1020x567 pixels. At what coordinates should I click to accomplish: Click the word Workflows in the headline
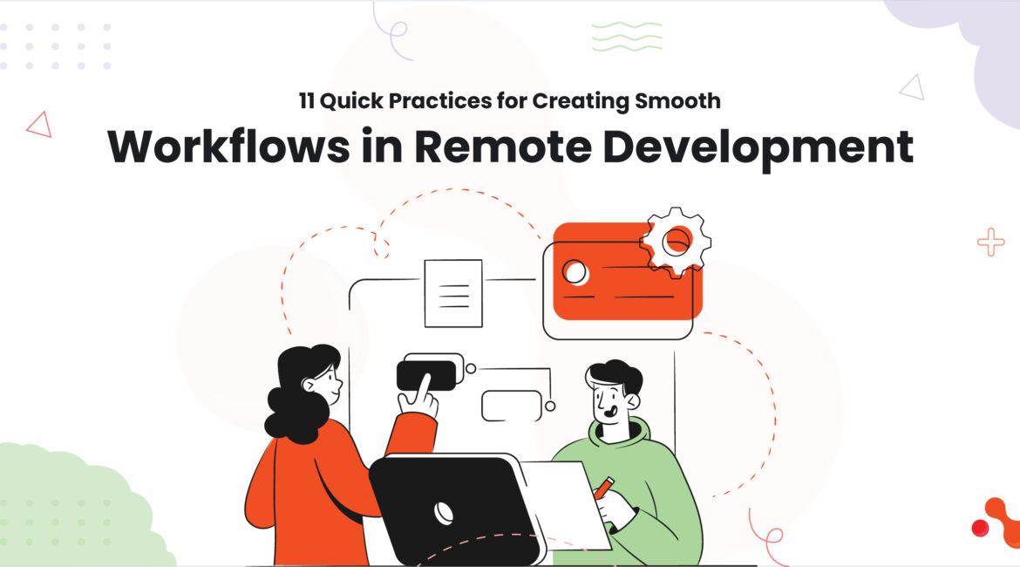tap(228, 147)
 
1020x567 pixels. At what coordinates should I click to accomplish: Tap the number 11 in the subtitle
tap(306, 101)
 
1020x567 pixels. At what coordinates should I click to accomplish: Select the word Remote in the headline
tap(503, 147)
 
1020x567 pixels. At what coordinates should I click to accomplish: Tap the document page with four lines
tap(453, 293)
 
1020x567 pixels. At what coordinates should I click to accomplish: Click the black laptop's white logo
tap(444, 512)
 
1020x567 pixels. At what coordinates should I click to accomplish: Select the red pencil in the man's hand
tap(604, 488)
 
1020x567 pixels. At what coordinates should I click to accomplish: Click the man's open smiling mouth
tap(610, 412)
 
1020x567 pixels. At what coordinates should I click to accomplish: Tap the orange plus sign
tap(990, 243)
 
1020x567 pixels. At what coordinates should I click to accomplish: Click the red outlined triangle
tap(39, 125)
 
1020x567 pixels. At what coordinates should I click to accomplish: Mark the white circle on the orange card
tap(575, 272)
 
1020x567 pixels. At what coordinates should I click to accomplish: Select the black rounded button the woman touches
tap(426, 376)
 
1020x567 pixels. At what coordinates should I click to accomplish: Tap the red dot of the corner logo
tap(980, 528)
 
